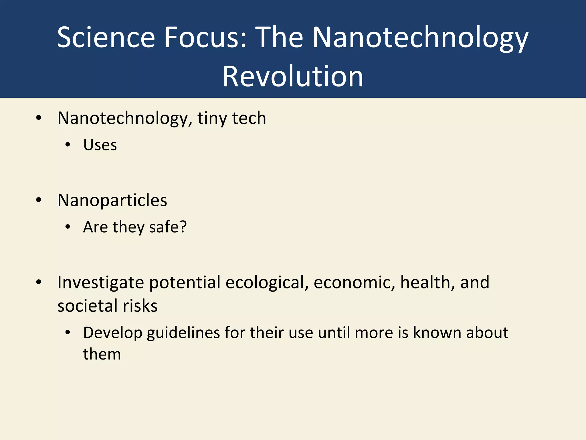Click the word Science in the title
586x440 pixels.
[x=106, y=37]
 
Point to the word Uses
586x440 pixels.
[x=100, y=145]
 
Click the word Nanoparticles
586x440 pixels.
[x=112, y=200]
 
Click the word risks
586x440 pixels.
[x=140, y=306]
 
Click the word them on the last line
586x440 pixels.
[x=102, y=354]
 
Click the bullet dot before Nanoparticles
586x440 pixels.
[x=39, y=200]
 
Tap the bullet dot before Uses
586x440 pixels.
[x=68, y=145]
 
